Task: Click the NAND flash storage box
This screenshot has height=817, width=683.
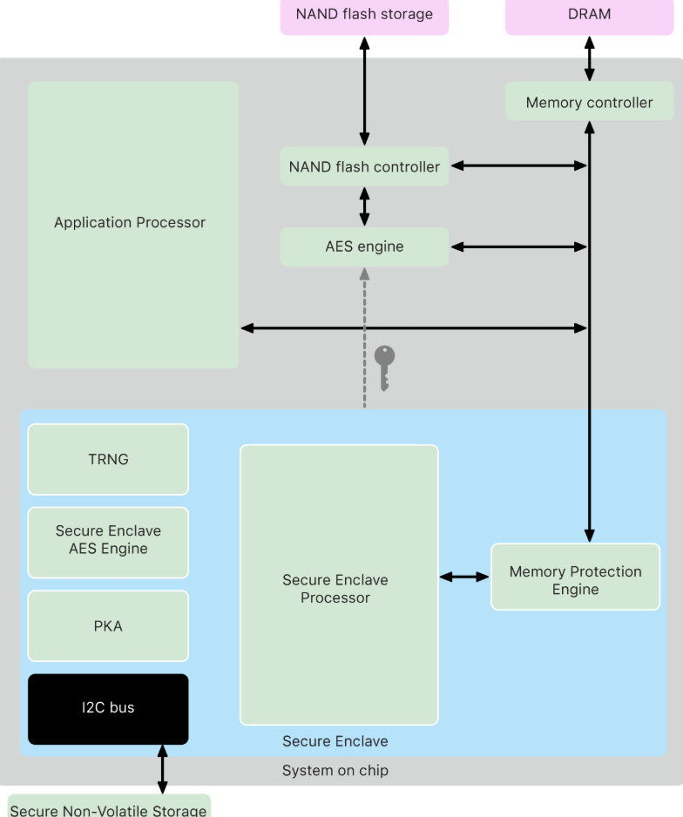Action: [x=364, y=17]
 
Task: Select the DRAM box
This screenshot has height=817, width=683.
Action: [x=589, y=17]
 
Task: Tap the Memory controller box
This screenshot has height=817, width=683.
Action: [x=589, y=101]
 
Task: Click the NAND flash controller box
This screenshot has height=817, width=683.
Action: [x=364, y=166]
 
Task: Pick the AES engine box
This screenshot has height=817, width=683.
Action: [x=364, y=247]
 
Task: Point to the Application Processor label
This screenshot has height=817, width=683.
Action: [x=130, y=222]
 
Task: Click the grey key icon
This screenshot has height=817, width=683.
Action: [x=384, y=368]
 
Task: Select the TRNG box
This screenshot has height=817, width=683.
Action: [x=108, y=459]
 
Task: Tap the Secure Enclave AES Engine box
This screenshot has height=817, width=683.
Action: [x=108, y=543]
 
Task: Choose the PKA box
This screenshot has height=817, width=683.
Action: [x=108, y=625]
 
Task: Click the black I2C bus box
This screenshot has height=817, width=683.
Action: [x=108, y=709]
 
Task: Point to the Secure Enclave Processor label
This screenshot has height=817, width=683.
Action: [x=335, y=589]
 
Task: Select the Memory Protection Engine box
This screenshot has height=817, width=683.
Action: [x=575, y=577]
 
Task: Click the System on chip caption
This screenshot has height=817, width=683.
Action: [x=335, y=770]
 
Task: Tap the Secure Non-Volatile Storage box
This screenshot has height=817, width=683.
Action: [x=109, y=806]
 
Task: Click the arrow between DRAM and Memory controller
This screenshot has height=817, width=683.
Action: [x=589, y=58]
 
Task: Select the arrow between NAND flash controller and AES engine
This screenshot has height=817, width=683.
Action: [x=364, y=206]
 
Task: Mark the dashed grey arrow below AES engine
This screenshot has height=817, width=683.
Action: [x=364, y=338]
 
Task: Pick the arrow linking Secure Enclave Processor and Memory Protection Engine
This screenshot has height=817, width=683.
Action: [x=464, y=577]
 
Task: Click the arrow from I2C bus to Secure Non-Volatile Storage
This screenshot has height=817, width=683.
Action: [x=163, y=769]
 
